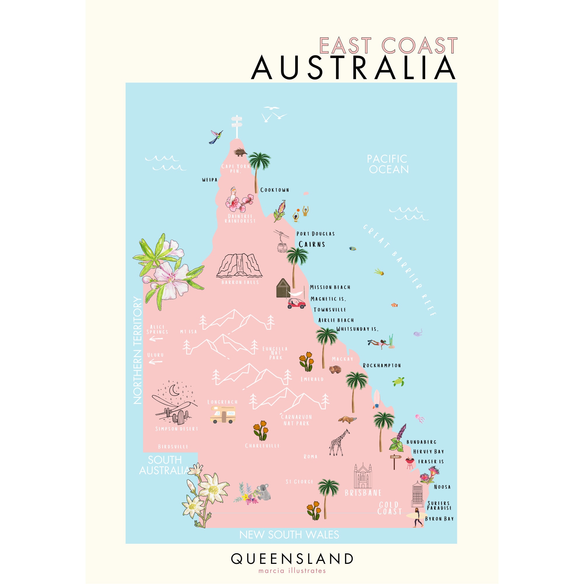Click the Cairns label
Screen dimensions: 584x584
coord(312,244)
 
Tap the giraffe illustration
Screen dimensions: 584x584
coord(338,443)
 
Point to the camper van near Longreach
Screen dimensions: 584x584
coord(223,414)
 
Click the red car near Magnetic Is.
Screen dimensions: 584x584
coord(296,303)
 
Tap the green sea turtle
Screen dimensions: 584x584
coord(398,381)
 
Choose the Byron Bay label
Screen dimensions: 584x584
coord(439,519)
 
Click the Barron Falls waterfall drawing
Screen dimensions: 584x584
coord(239,265)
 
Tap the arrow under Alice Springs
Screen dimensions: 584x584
coord(156,339)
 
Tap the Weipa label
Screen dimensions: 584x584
coord(210,180)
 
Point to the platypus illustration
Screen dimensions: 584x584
coord(347,420)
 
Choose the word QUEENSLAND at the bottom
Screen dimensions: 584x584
coord(292,559)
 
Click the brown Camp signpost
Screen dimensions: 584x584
coord(395,461)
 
